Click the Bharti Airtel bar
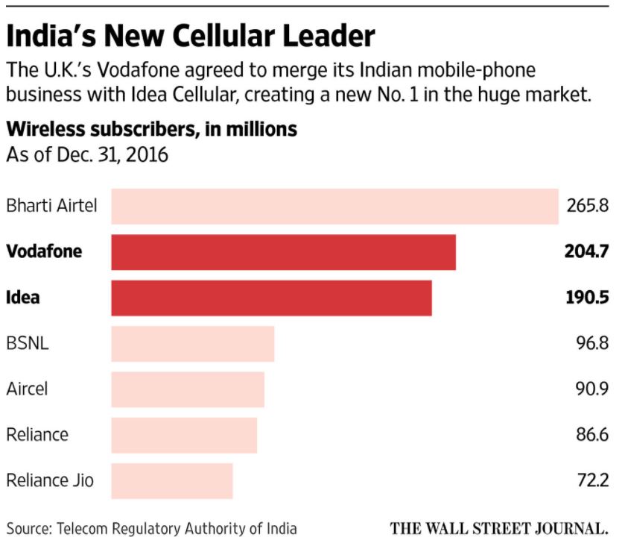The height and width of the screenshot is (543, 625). click(334, 207)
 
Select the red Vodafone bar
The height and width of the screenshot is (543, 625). click(283, 252)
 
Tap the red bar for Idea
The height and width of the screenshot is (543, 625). click(271, 298)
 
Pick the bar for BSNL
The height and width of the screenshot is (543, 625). click(192, 344)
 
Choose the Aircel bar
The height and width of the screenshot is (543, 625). click(188, 389)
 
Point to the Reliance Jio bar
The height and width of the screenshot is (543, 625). click(172, 480)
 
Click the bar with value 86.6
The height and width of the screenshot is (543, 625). click(184, 435)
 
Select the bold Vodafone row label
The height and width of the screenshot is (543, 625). click(44, 251)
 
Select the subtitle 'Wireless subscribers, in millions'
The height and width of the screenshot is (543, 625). click(151, 129)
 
